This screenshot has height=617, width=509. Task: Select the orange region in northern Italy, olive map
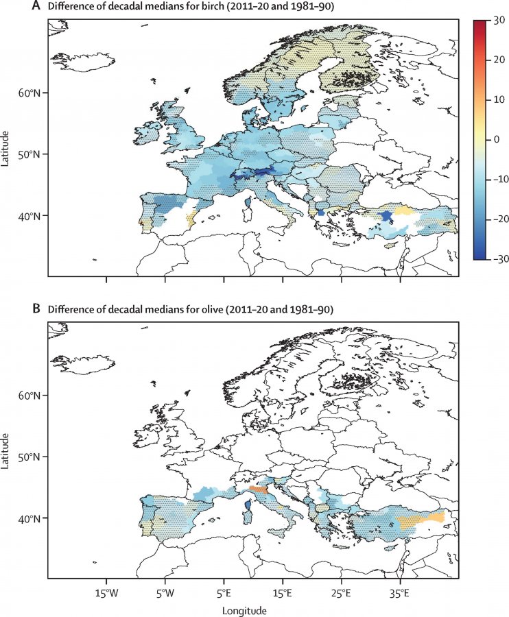[259, 489]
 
